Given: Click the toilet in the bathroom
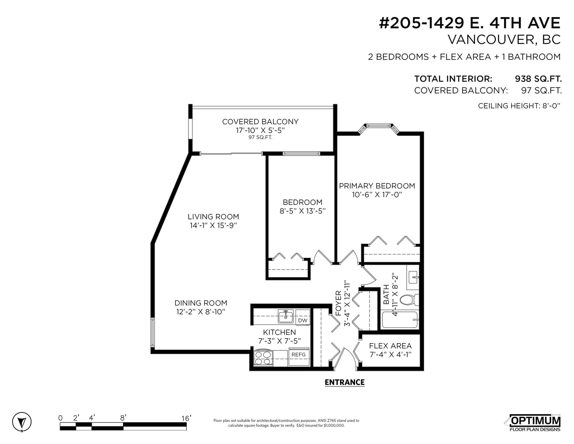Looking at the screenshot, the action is click(x=409, y=300).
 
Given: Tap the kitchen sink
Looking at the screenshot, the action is click(x=286, y=316).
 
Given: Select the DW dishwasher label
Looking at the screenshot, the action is click(x=303, y=321).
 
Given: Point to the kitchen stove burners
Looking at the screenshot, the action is click(x=263, y=358).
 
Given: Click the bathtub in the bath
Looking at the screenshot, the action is click(x=400, y=320).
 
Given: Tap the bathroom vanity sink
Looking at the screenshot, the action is click(x=413, y=277).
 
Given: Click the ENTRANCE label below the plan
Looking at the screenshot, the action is click(x=344, y=382).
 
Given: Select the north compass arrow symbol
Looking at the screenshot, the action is click(x=22, y=422).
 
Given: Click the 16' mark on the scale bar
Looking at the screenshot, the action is click(x=186, y=419).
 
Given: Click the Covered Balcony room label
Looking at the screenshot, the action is click(x=260, y=122).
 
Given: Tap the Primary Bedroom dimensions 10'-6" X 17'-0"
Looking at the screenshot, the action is click(x=377, y=195).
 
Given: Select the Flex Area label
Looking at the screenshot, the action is click(x=390, y=346).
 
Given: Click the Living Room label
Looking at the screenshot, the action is click(x=213, y=217).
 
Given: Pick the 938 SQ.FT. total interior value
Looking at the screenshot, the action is click(x=538, y=79).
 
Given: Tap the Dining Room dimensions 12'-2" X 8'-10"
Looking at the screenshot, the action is click(x=201, y=312).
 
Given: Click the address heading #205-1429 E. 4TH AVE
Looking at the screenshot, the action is click(x=470, y=23).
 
